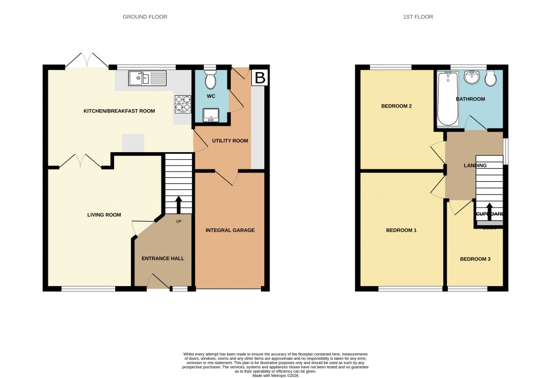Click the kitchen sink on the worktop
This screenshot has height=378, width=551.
tap(148, 79)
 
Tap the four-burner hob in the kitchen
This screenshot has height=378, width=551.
tap(183, 103)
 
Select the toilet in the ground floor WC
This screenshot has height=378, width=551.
tap(210, 81)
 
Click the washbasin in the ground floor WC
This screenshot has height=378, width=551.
tap(210, 115)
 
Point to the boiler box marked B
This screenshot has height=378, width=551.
tap(260, 77)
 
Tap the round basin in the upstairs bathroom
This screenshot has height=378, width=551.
tap(472, 78)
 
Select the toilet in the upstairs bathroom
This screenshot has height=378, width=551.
tap(491, 79)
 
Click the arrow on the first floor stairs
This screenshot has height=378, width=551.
tap(489, 210)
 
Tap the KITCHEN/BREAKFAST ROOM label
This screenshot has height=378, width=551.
tap(119, 111)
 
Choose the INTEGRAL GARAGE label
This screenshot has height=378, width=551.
tap(230, 230)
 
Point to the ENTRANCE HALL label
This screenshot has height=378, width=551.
tap(163, 259)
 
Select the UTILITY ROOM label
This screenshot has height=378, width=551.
tap(230, 141)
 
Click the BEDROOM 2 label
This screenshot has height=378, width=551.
tap(397, 106)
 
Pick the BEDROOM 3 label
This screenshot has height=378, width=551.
tap(475, 259)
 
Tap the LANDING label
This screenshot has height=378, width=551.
tap(475, 166)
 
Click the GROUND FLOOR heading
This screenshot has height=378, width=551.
tap(145, 17)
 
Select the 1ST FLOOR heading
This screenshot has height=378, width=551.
tap(418, 17)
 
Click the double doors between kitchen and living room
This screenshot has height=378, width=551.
tap(80, 161)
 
